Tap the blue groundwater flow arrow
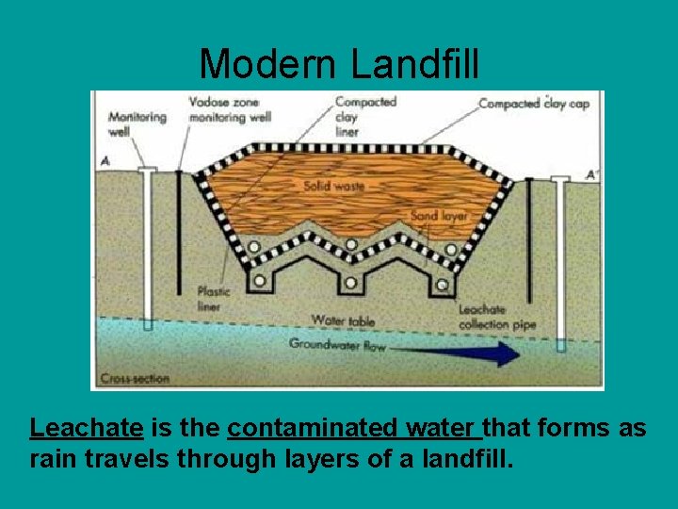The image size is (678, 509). [471, 353]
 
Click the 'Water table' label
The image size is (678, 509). [343, 320]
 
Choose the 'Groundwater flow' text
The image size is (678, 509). [337, 345]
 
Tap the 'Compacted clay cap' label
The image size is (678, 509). [534, 104]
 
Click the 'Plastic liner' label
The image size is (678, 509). [215, 299]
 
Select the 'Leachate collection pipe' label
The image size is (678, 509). [496, 317]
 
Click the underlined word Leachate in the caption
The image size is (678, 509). [86, 429]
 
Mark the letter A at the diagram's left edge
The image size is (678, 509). [105, 162]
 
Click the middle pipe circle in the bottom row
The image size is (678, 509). [350, 282]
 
